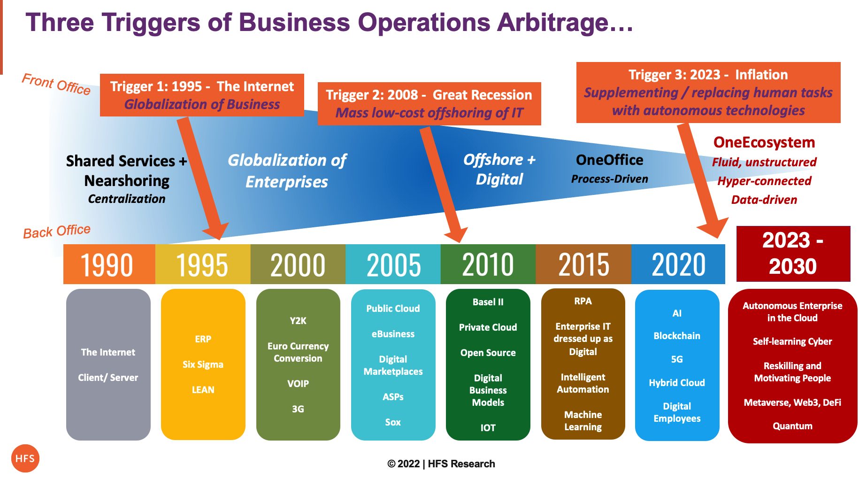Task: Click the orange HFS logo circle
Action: tap(25, 458)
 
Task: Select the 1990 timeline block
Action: tap(109, 264)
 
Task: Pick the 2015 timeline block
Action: tap(583, 264)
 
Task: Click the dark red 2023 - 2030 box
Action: tap(793, 254)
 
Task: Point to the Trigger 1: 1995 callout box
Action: tap(202, 95)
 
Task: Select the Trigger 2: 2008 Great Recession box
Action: tap(429, 104)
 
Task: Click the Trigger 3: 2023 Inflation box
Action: tap(708, 93)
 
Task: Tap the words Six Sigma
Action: tap(203, 364)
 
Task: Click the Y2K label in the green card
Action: tap(298, 321)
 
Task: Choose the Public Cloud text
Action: tap(393, 309)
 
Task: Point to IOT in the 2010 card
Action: tap(488, 428)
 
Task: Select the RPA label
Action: tap(583, 301)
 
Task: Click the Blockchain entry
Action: tap(677, 336)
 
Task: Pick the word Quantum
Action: tap(792, 426)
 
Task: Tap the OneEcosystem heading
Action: tap(764, 142)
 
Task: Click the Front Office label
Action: tap(56, 84)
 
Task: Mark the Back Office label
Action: tap(57, 231)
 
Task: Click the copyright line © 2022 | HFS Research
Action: tap(441, 464)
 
